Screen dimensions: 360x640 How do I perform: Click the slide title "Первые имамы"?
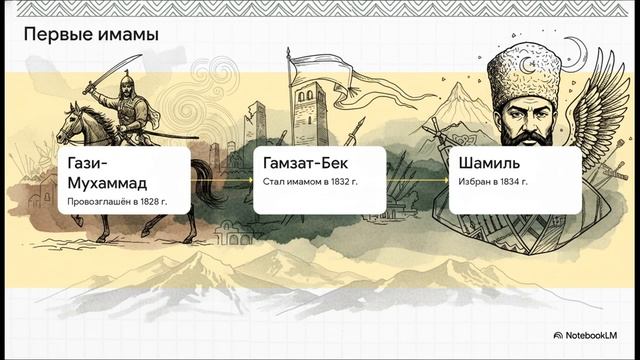click(91, 35)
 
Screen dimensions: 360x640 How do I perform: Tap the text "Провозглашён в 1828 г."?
click(116, 202)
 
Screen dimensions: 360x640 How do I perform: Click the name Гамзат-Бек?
click(310, 163)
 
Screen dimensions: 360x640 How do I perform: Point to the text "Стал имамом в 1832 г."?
click(311, 183)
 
